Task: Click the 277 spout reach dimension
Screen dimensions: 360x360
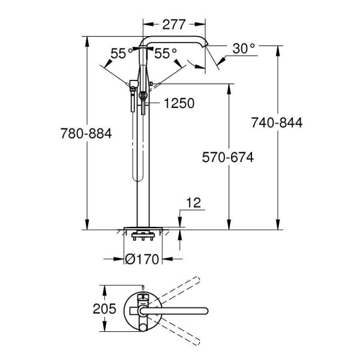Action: [x=175, y=24]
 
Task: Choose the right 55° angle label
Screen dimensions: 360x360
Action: [x=166, y=53]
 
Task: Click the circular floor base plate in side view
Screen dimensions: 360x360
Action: [x=143, y=228]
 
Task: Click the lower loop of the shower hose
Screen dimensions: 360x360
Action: [x=137, y=174]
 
